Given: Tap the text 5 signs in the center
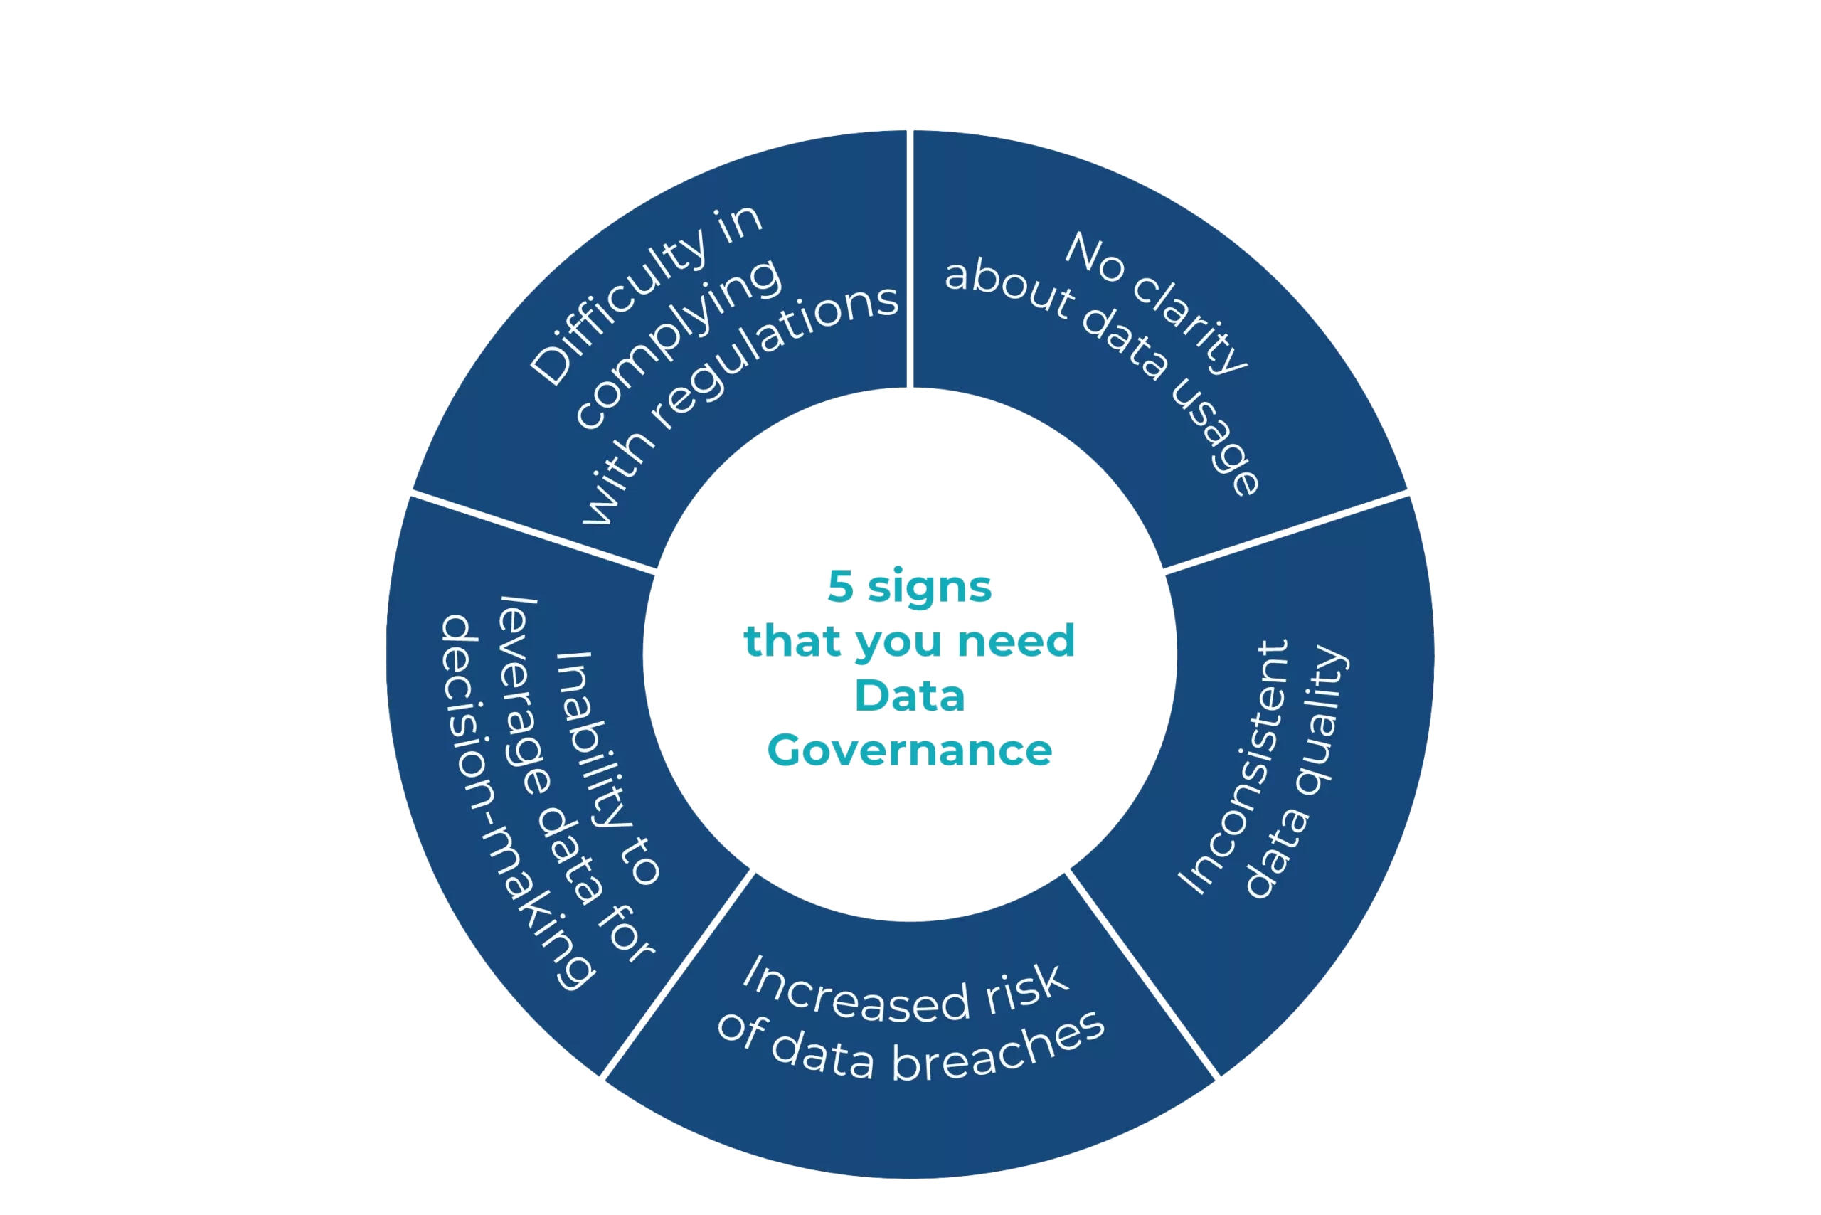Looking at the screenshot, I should click(910, 587).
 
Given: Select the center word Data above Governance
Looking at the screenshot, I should click(910, 695).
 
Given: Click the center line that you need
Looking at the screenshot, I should click(910, 641).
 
